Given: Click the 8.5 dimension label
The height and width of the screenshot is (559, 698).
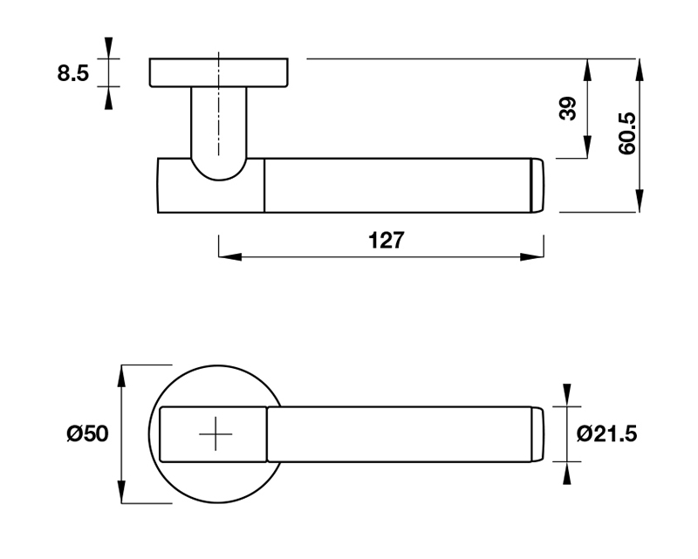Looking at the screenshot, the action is tap(73, 73).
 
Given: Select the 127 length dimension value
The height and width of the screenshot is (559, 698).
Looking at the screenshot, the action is tap(387, 241).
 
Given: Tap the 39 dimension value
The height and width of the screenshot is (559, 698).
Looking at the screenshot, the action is tap(567, 109).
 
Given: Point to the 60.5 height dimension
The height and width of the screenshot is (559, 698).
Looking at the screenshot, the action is tap(626, 133).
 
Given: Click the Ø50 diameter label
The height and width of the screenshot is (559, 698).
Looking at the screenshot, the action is tap(87, 433).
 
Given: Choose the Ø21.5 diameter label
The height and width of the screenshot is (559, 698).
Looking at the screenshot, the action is tap(606, 433).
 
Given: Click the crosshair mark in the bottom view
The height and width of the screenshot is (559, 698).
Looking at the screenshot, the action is tap(216, 434).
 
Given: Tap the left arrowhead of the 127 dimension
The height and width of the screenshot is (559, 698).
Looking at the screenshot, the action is tap(230, 256).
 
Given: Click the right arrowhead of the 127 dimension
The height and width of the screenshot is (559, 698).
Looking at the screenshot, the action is tap(532, 256).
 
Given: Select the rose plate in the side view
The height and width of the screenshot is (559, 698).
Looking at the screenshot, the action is tap(219, 72).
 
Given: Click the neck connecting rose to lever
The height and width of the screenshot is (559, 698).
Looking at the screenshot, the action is tap(219, 133).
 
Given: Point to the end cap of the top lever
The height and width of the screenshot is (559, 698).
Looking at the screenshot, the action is tap(537, 185).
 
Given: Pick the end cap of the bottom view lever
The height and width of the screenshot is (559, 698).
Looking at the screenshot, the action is tap(537, 434).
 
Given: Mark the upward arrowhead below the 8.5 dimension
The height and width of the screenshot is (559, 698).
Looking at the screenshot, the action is tap(108, 98).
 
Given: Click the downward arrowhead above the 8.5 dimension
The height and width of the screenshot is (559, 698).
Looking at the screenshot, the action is tap(108, 48).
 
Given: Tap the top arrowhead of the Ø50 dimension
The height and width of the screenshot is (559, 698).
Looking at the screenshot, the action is tap(121, 377).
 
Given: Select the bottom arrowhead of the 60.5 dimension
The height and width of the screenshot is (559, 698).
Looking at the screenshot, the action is tap(640, 201).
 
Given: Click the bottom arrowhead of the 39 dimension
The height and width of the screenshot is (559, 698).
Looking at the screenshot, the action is tap(587, 147).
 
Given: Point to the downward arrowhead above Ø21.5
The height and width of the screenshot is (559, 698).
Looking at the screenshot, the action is tap(566, 395).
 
